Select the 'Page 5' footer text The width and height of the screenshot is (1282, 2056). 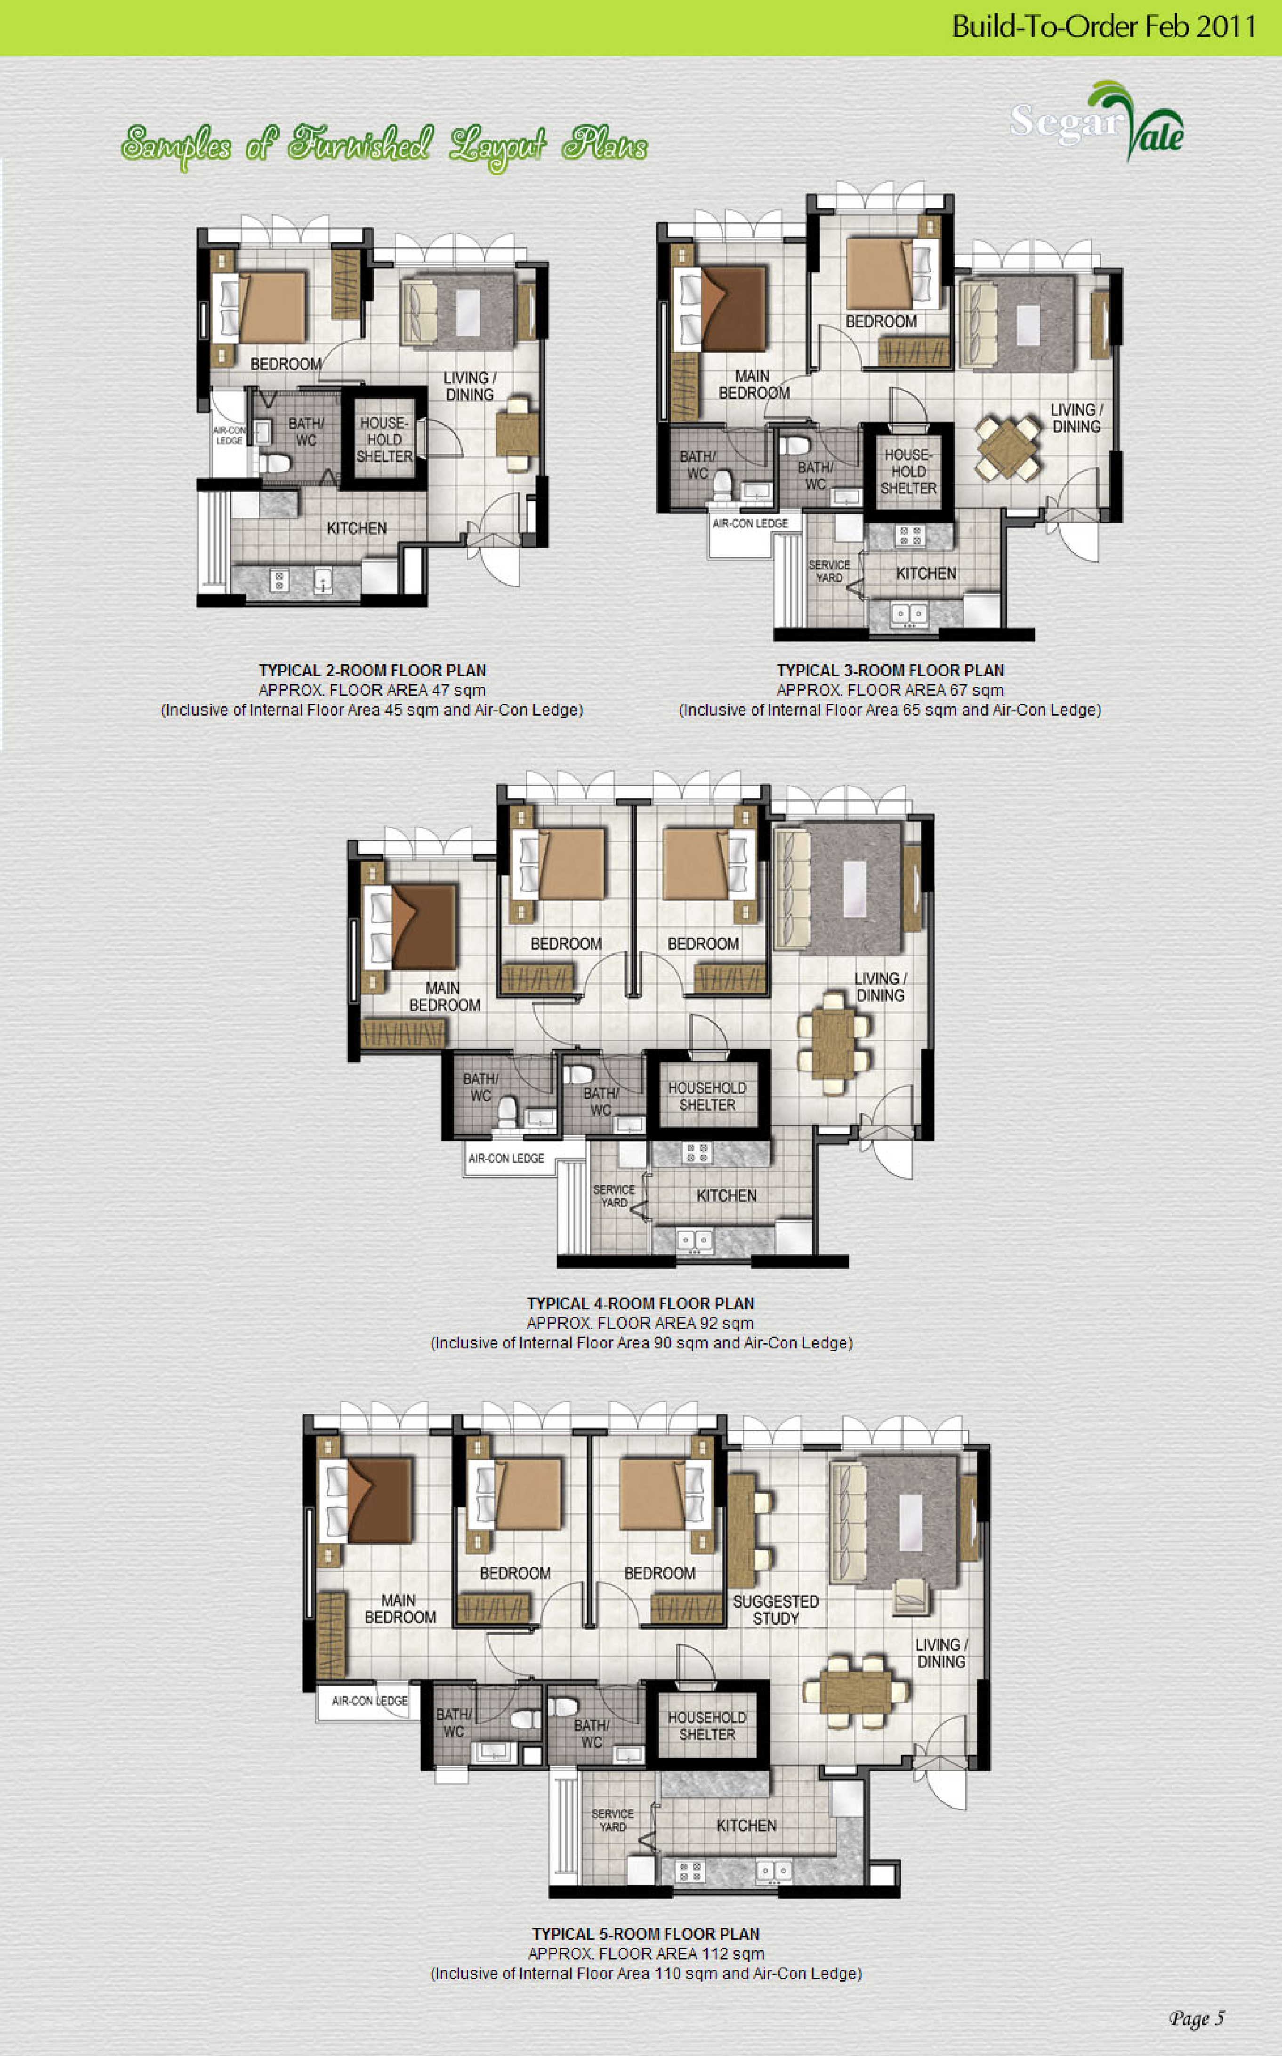(x=1196, y=2018)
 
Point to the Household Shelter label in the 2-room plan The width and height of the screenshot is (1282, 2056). (x=384, y=439)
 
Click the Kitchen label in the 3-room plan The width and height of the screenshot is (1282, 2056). (x=926, y=573)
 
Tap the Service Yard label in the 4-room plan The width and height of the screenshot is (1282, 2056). (x=614, y=1195)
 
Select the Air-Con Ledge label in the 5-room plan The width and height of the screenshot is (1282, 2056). (x=370, y=1701)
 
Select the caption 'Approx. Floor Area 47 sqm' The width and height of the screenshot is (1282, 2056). (x=372, y=690)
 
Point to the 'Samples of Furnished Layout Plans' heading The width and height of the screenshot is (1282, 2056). (x=384, y=146)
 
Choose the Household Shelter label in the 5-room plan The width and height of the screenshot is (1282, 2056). (x=707, y=1725)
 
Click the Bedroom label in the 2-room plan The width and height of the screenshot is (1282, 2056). (x=286, y=364)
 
